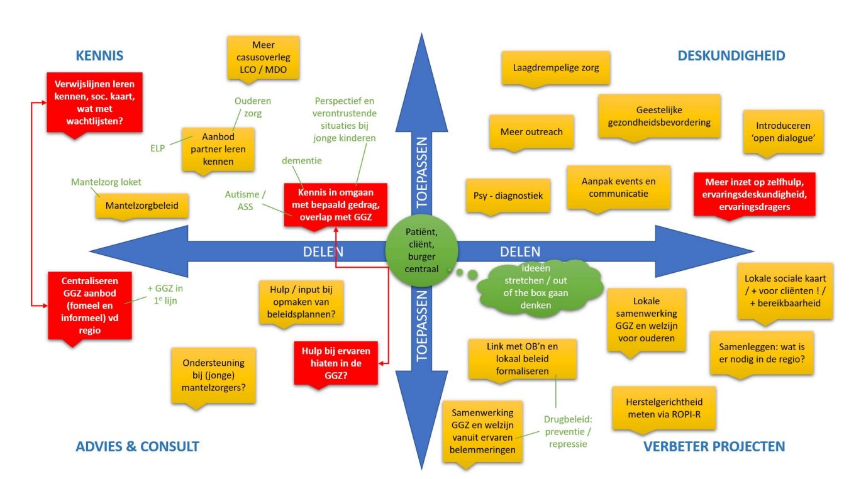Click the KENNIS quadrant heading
tap(99, 56)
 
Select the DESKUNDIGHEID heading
tap(731, 56)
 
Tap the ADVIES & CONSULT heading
tap(137, 447)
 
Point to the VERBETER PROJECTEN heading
tap(714, 447)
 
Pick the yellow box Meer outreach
tap(531, 132)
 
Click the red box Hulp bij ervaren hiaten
tap(336, 362)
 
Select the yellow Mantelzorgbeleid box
tap(135, 205)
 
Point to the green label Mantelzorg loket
tap(106, 182)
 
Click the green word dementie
tap(301, 161)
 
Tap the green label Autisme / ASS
tap(239, 200)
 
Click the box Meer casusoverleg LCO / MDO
tap(264, 57)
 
